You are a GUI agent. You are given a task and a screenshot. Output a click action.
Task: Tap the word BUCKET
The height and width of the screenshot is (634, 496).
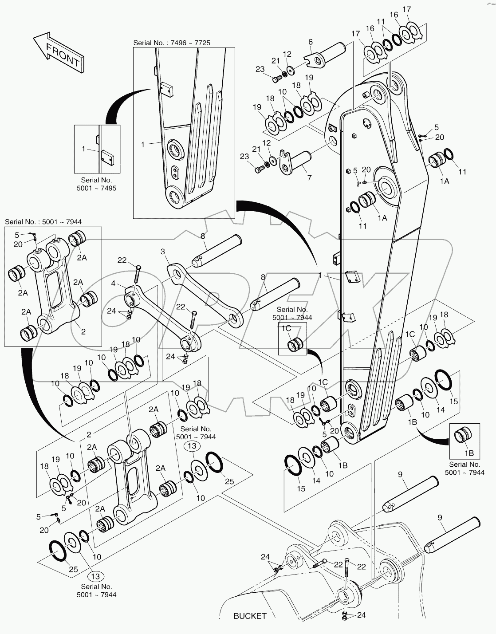pyautogui.click(x=250, y=616)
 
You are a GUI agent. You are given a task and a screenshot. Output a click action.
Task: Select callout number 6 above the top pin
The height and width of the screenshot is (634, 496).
pyautogui.click(x=311, y=42)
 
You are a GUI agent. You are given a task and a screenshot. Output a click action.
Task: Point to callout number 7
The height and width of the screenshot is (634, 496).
pyautogui.click(x=309, y=177)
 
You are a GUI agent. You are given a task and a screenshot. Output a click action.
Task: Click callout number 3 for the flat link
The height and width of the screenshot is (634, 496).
pyautogui.click(x=163, y=252)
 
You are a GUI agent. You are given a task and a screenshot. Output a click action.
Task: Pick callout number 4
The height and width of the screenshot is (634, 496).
pyautogui.click(x=114, y=283)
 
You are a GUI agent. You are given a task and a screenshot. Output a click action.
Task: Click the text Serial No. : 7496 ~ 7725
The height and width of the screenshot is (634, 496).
pyautogui.click(x=172, y=43)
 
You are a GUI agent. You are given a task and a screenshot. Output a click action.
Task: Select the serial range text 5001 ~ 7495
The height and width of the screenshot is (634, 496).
pyautogui.click(x=96, y=188)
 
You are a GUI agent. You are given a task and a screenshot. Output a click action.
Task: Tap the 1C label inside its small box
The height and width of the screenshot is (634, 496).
pyautogui.click(x=286, y=328)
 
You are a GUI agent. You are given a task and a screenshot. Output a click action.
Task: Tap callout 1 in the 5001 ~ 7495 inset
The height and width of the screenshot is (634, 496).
pyautogui.click(x=83, y=149)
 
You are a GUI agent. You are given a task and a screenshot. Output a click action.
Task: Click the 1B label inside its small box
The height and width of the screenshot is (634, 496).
pyautogui.click(x=469, y=453)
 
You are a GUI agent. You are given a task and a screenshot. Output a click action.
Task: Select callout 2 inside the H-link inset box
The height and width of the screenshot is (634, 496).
pyautogui.click(x=83, y=331)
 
